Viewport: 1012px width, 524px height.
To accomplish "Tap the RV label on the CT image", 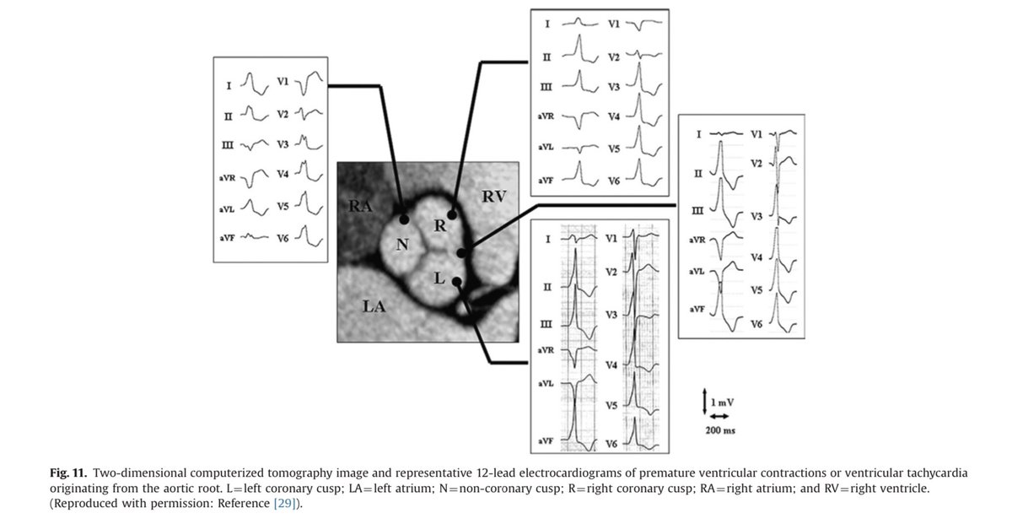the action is coord(495,197).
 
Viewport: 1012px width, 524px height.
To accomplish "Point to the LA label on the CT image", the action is coord(374,307).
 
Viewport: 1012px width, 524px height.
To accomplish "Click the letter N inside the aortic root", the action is coord(401,246).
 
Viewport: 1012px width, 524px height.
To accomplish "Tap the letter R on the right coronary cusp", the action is coord(439,225).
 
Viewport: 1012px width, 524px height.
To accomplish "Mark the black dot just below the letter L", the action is coord(456,282).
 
